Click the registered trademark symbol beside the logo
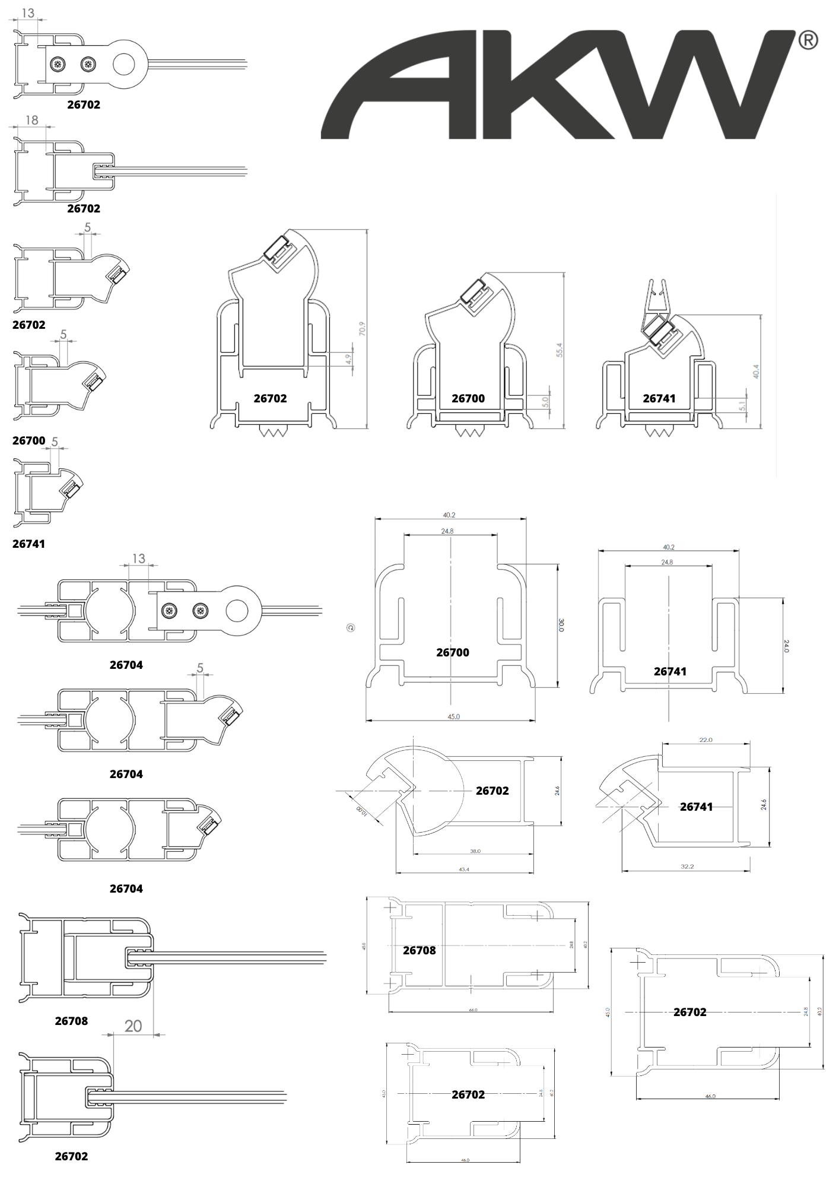tap(808, 40)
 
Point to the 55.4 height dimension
tap(559, 351)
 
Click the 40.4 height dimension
tap(756, 371)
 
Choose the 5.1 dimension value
tap(742, 406)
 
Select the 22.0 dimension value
tap(705, 740)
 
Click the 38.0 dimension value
tap(475, 851)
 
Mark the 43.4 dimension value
tap(464, 869)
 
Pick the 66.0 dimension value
tap(472, 1010)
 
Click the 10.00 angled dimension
tap(361, 811)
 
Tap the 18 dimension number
tap(31, 120)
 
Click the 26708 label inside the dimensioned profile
tap(419, 950)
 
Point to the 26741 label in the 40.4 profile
tap(659, 398)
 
